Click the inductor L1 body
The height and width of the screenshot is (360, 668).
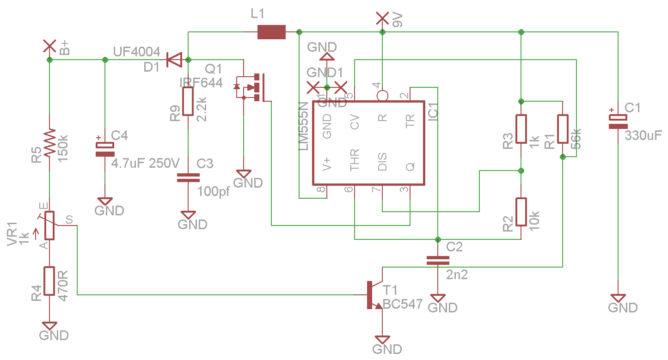click(271, 32)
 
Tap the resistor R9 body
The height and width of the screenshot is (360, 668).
click(188, 102)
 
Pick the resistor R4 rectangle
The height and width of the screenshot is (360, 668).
click(49, 283)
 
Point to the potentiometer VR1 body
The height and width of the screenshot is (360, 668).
click(49, 226)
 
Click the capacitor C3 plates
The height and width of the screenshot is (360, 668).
click(188, 177)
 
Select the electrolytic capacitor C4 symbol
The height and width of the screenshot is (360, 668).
click(105, 149)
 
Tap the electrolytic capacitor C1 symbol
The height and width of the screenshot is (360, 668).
click(618, 121)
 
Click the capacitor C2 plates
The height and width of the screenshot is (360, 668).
click(437, 260)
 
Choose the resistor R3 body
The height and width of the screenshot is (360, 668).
click(521, 129)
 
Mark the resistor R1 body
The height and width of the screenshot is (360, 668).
click(563, 129)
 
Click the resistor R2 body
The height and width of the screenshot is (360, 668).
click(521, 212)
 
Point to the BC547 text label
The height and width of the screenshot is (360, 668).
click(403, 305)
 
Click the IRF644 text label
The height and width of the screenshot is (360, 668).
click(201, 83)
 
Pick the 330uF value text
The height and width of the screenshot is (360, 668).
click(643, 136)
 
